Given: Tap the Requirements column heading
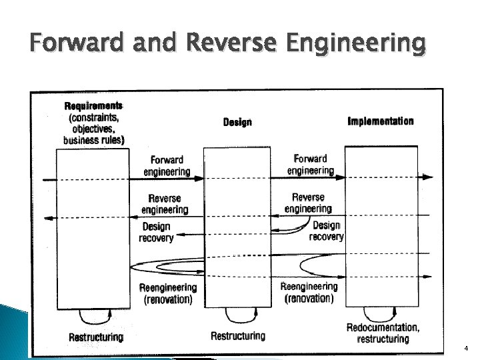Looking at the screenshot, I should tap(93, 105).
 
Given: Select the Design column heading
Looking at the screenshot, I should tap(237, 122).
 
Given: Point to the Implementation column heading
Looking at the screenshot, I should tap(381, 121).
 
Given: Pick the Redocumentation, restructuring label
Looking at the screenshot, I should tap(383, 333).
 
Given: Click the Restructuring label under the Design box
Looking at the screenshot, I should tap(237, 335).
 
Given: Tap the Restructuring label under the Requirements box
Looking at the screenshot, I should tap(96, 337).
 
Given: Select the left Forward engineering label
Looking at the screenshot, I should tap(167, 165).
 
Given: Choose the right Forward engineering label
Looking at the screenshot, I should tap(310, 164).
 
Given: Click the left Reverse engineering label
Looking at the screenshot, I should tap(165, 204).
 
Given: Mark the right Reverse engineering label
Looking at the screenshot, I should tap(308, 203).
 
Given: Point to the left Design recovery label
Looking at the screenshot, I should tap(156, 232).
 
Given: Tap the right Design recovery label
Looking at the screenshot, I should tap(327, 231).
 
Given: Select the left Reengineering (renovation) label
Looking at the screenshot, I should tap(168, 293).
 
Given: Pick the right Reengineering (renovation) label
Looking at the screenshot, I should tap(309, 292).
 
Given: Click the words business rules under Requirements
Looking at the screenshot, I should tap(94, 140).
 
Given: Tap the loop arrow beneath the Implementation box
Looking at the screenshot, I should tap(378, 313).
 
